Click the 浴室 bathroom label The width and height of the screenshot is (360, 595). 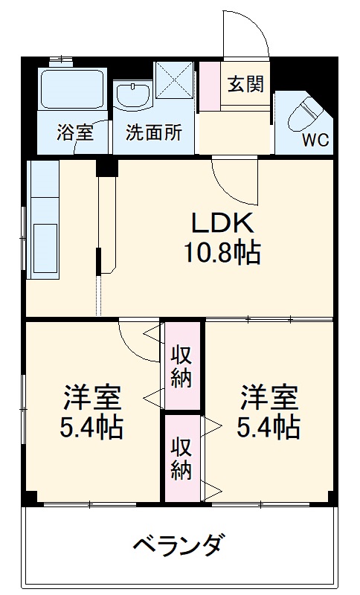[74, 133]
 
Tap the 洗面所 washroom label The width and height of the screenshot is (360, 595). [153, 133]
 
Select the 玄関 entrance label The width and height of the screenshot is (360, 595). [245, 84]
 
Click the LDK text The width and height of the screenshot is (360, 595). [223, 222]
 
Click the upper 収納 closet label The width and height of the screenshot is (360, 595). [182, 365]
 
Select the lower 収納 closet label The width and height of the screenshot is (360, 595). [182, 458]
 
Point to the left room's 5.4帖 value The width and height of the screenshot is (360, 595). [92, 428]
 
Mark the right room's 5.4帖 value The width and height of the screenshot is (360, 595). [269, 428]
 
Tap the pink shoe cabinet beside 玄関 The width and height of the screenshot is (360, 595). [210, 86]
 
